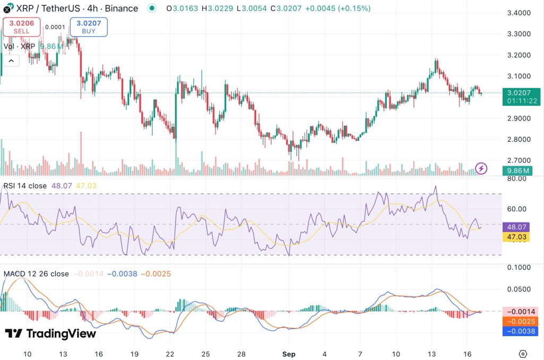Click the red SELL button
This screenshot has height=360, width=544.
tap(22, 27)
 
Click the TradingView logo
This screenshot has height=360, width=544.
tap(50, 333)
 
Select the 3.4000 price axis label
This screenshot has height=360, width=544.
tap(522, 13)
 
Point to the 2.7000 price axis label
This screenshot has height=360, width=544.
tap(522, 160)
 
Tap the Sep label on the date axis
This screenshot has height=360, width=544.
tap(288, 354)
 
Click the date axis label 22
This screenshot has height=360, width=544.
tap(171, 354)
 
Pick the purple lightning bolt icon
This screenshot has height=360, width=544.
tap(481, 168)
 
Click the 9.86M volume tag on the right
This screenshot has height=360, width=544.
tap(517, 170)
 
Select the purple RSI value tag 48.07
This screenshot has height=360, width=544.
tap(517, 227)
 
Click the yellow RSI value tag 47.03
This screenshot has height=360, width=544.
tap(517, 237)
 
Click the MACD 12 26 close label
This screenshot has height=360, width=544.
tap(36, 274)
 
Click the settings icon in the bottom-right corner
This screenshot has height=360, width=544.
tap(523, 354)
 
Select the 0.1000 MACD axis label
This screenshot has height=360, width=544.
tap(518, 268)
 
